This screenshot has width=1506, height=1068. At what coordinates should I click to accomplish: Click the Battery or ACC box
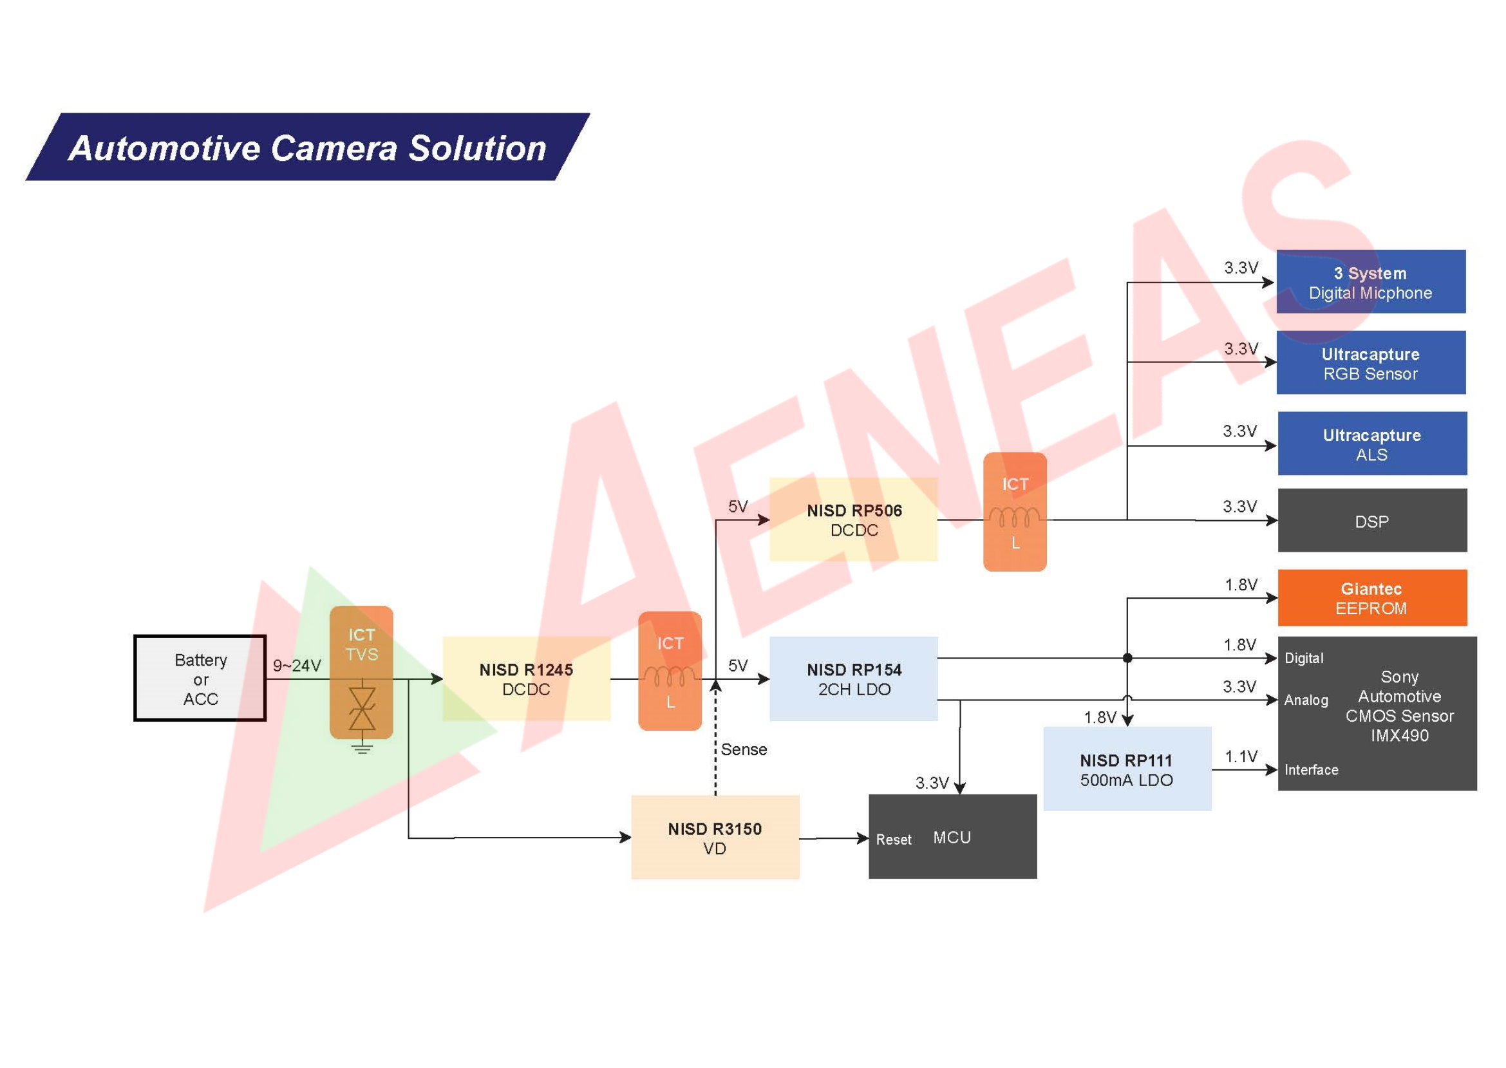200,678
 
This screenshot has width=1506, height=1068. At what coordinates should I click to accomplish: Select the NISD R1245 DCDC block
526,679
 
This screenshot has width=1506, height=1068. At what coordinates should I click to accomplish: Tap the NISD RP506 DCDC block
854,520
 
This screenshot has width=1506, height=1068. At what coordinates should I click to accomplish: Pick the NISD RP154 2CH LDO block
854,679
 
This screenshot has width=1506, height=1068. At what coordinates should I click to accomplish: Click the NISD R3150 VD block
715,837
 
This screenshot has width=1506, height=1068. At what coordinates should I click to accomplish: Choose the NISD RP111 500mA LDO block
1127,769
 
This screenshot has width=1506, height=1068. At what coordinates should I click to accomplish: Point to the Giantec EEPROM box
1372,598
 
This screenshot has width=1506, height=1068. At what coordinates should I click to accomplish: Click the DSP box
1372,521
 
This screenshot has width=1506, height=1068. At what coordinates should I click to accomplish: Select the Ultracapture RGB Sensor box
1371,363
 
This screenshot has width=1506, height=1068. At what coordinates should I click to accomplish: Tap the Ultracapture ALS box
1372,444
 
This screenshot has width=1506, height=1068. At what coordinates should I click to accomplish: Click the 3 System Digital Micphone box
1371,282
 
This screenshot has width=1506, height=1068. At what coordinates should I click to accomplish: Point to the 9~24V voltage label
297,666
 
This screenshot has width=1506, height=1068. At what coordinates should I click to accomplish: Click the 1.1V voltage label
1241,757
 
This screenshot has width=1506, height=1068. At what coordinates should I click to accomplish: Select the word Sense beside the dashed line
744,749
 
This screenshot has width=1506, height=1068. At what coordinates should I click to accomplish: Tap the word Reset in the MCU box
893,840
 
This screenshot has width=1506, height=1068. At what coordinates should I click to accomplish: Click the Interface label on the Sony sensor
1311,770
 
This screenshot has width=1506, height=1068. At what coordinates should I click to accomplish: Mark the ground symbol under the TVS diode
362,748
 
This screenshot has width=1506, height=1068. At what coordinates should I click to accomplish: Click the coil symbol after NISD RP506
1014,517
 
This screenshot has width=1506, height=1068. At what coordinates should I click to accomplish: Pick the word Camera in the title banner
334,148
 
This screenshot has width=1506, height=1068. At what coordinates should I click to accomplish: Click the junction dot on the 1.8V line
1127,658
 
